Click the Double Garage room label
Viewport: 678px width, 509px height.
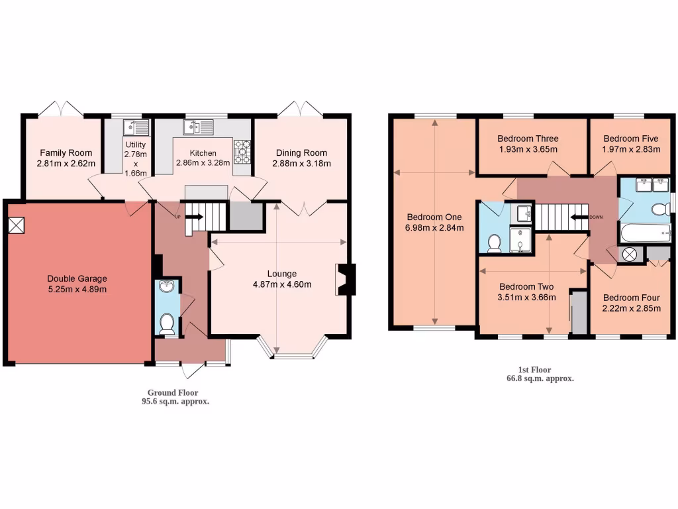(77, 278)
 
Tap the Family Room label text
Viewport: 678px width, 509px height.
(65, 153)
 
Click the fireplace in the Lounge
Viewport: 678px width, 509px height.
(346, 279)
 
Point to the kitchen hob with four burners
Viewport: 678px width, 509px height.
(242, 151)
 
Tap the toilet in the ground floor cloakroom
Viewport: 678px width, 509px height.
(166, 324)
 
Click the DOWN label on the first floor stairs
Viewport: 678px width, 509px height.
(596, 217)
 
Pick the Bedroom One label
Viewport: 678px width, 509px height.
(434, 217)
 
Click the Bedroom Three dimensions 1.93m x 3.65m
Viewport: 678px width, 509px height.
(528, 149)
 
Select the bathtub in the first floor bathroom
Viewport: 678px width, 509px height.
(646, 233)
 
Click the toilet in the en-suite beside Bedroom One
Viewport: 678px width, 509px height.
(493, 245)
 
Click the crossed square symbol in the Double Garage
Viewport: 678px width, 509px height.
(17, 225)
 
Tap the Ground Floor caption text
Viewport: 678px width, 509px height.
(172, 392)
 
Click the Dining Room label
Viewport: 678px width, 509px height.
(301, 153)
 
